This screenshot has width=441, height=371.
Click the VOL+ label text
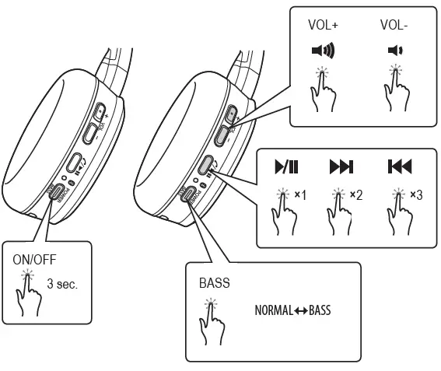point(324,24)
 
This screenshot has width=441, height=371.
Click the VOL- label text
point(394,24)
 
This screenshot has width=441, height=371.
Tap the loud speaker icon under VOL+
point(323,52)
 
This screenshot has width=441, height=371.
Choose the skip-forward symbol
point(341,167)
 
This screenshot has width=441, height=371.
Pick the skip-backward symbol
point(399,167)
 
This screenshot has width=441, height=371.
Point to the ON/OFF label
point(35,260)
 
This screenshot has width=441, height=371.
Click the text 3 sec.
point(61,285)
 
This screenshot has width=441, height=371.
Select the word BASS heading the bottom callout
point(214,283)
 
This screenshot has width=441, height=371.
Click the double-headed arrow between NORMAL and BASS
point(299,310)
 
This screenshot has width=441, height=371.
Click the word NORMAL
point(272,310)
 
